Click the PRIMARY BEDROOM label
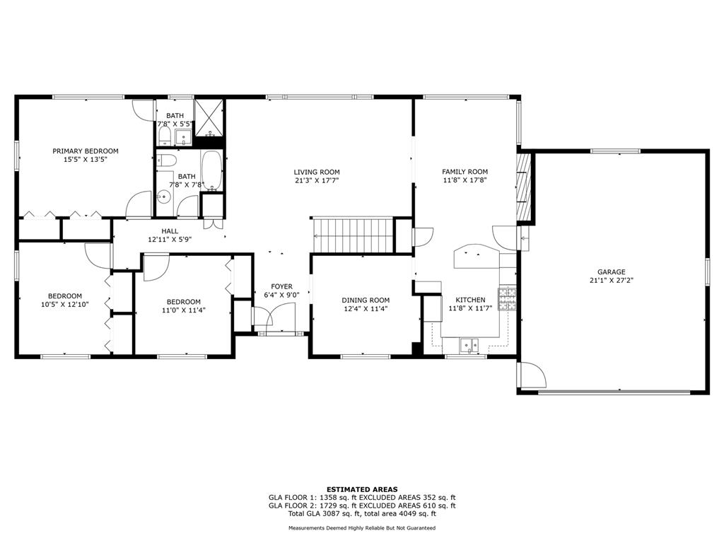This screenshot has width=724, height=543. pyautogui.click(x=86, y=151)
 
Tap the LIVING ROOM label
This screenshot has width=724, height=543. pyautogui.click(x=317, y=173)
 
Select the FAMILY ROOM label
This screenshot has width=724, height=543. pyautogui.click(x=465, y=172)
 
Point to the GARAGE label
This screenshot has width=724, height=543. pyautogui.click(x=612, y=272)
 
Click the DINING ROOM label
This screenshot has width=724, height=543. pyautogui.click(x=366, y=300)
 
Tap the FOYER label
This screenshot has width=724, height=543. pyautogui.click(x=281, y=286)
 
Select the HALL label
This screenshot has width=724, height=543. pyautogui.click(x=170, y=231)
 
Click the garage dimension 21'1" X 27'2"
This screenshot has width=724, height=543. pyautogui.click(x=612, y=280)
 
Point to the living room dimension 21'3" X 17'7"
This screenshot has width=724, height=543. pyautogui.click(x=317, y=180)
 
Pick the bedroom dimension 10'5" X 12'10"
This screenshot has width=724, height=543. pyautogui.click(x=64, y=304)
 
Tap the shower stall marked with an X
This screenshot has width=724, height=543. pyautogui.click(x=209, y=117)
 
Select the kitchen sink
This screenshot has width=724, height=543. pyautogui.click(x=469, y=344)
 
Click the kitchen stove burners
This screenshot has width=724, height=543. pyautogui.click(x=507, y=299)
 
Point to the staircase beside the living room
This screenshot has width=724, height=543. pyautogui.click(x=353, y=235)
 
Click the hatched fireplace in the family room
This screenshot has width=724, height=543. pyautogui.click(x=525, y=186)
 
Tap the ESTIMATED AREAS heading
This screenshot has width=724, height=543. pyautogui.click(x=362, y=489)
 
